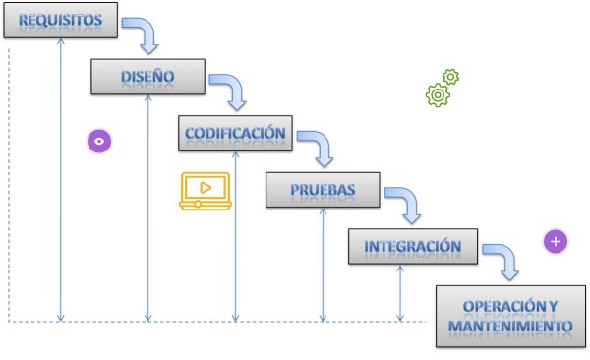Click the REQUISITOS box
(61, 22)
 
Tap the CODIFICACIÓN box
(235, 133)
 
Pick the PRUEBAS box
(323, 189)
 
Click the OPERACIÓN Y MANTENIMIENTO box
(510, 315)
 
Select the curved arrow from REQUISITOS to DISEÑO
(144, 34)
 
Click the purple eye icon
(98, 141)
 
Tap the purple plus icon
(556, 241)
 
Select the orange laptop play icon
(204, 190)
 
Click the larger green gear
(438, 95)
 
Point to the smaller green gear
(451, 76)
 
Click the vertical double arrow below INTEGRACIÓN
(400, 292)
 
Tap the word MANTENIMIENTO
(510, 326)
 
